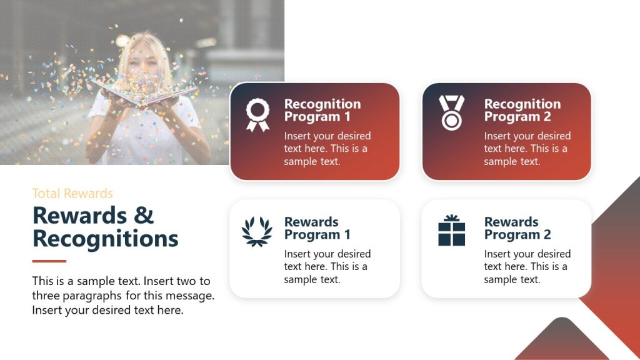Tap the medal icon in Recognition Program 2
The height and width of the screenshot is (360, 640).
451,112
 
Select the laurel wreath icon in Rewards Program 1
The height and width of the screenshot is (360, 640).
257,231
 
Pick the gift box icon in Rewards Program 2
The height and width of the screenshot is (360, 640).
451,230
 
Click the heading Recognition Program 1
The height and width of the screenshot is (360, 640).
322,111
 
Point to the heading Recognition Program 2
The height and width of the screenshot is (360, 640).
522,111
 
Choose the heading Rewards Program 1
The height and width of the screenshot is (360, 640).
317,228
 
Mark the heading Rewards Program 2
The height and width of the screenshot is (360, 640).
517,228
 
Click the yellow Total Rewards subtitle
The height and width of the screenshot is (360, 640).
72,194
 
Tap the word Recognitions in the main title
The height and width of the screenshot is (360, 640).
105,239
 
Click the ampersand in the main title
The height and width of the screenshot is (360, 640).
144,216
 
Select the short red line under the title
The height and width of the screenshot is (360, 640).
49,261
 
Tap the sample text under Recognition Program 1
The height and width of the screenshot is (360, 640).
327,149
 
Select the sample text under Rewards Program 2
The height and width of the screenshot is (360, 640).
527,266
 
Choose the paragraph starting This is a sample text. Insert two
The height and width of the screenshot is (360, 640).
122,296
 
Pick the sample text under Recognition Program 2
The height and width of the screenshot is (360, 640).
527,149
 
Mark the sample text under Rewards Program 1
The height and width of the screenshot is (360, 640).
327,266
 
